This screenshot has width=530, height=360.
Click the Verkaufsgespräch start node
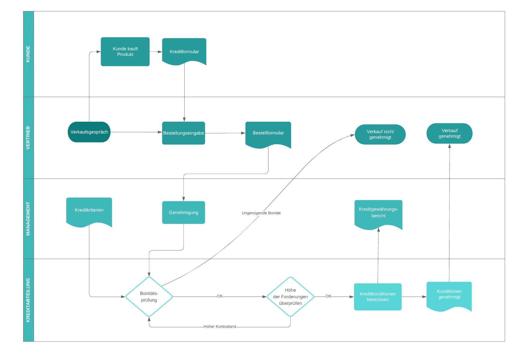tap(89, 132)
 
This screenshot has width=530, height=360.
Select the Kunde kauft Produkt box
tap(125, 52)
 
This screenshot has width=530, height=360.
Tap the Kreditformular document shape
tap(184, 51)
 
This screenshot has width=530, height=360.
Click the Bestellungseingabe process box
tap(183, 133)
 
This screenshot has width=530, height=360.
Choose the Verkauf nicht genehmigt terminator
tap(380, 134)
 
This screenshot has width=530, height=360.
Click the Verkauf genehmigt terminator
tap(449, 133)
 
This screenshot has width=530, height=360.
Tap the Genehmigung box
tap(183, 212)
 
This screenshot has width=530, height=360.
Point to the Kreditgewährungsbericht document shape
tap(378, 213)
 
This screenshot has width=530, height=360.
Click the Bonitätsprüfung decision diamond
tap(149, 297)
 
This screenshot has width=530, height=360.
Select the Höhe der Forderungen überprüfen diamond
tap(290, 297)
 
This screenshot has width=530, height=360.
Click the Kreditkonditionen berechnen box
tap(378, 297)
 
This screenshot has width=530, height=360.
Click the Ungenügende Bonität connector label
tap(261, 213)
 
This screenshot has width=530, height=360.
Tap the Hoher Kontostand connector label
tap(219, 327)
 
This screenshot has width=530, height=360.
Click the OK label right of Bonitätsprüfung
tap(220, 296)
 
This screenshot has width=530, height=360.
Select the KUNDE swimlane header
tap(28, 54)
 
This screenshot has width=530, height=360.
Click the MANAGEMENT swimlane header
tap(28, 218)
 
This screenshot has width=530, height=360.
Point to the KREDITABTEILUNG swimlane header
tap(28, 300)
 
